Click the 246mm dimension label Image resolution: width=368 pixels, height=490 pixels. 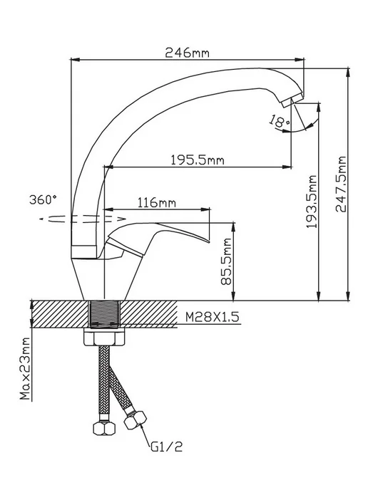187,53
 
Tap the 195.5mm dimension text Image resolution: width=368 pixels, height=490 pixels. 198,160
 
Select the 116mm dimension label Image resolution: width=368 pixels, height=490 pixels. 157,203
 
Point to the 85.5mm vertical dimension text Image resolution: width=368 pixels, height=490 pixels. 226,261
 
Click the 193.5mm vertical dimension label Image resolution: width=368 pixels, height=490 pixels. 312,202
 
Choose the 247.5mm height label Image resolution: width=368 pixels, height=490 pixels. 340,184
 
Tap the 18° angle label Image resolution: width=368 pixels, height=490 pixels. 278,121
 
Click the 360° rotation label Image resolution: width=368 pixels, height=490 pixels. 44,199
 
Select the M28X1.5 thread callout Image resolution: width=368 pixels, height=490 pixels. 212,317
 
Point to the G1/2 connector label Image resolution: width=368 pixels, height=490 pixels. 166,447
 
